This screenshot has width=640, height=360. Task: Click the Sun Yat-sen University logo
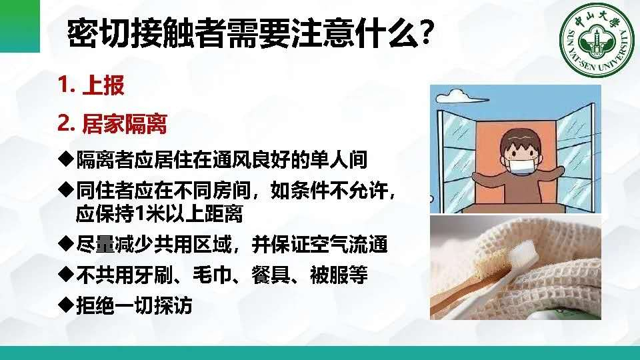tap(596, 40)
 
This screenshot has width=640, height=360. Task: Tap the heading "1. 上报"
tap(91, 85)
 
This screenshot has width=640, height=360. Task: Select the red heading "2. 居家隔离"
tap(112, 124)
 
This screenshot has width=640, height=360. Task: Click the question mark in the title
tap(425, 33)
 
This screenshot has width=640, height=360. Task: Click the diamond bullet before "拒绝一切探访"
tap(66, 305)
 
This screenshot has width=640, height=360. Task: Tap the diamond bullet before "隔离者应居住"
tap(66, 159)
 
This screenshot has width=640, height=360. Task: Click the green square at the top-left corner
tap(20, 26)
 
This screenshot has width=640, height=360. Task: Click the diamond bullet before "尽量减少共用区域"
tap(66, 244)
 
